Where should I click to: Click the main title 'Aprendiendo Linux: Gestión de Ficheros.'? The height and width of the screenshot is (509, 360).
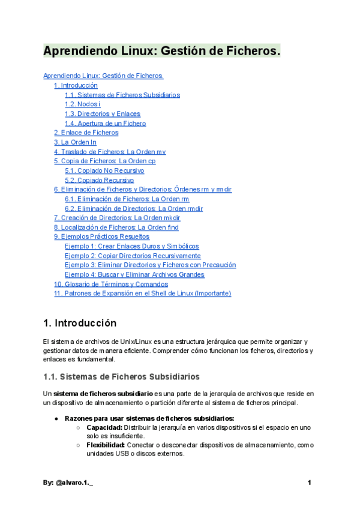coord(162,52)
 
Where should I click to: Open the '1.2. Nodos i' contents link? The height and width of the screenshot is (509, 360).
coord(83,104)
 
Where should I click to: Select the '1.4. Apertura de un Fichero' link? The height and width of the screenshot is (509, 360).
coord(105,124)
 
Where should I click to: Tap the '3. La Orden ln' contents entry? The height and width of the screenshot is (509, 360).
coord(75,142)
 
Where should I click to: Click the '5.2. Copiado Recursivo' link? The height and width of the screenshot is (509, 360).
coord(99,180)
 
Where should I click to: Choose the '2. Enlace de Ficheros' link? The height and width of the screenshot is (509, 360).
coord(86,133)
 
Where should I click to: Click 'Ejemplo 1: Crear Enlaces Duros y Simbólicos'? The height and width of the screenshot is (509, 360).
coord(131,246)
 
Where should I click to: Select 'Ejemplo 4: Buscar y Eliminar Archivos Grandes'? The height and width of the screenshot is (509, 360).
coord(134,275)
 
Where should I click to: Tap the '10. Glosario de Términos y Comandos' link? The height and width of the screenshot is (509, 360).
coord(111,284)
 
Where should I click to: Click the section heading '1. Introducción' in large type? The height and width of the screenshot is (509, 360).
coord(80,324)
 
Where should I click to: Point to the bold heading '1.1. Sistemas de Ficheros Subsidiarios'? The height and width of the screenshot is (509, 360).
coord(121,376)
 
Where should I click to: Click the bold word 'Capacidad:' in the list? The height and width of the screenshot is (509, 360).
coord(103,427)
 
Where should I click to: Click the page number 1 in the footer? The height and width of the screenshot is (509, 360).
coord(309,483)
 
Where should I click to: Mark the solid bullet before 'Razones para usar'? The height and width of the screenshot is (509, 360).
coord(56,418)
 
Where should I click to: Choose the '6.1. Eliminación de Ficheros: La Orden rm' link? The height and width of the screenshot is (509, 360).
coord(127,199)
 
